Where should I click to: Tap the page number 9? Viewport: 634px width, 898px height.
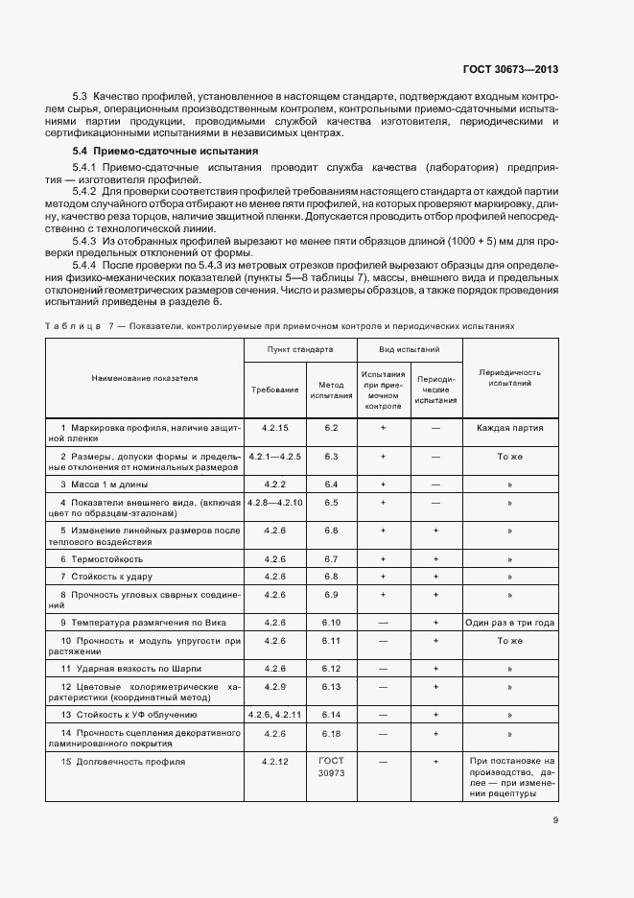click(556, 820)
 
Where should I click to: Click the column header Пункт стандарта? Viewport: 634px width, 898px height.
click(300, 350)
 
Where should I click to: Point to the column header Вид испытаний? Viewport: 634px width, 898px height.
click(411, 350)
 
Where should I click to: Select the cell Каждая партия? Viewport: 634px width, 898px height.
click(509, 428)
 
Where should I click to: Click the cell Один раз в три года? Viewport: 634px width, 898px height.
click(509, 623)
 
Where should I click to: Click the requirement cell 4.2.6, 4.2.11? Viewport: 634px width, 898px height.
click(274, 715)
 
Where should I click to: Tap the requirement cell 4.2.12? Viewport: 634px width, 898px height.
click(274, 761)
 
